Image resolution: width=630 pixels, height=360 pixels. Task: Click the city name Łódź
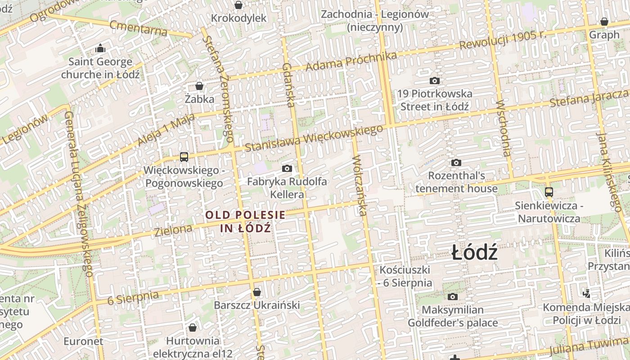pos(475,253)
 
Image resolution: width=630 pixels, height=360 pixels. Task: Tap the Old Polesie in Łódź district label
pos(245,221)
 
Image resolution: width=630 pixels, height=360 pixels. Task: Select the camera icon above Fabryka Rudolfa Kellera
pos(287,169)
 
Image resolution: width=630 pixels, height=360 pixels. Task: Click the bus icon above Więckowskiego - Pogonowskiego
pos(184,157)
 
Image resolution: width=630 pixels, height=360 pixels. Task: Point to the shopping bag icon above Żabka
pos(199,85)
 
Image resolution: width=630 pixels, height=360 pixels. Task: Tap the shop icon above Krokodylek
pos(238,5)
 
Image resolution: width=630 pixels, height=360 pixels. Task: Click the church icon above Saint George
pos(100,48)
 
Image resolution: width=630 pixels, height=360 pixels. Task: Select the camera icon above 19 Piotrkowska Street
pos(434,81)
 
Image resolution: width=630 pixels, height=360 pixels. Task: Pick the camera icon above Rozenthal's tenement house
pos(456,162)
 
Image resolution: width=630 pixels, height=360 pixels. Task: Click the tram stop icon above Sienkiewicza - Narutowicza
pos(549,192)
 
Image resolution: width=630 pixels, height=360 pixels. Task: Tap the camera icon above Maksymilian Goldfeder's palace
pos(452,297)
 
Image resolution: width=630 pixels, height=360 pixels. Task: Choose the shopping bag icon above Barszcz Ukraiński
pos(256,292)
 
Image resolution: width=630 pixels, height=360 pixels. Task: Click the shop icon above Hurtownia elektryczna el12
pos(193,328)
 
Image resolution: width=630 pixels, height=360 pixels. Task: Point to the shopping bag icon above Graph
pos(604,22)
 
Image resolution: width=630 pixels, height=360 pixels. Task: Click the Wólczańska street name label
pos(360,185)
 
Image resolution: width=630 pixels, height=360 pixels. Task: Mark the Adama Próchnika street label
pos(351,61)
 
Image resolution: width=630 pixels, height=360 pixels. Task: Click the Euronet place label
pos(83,341)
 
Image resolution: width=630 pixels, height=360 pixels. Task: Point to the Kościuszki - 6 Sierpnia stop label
pos(405,276)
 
